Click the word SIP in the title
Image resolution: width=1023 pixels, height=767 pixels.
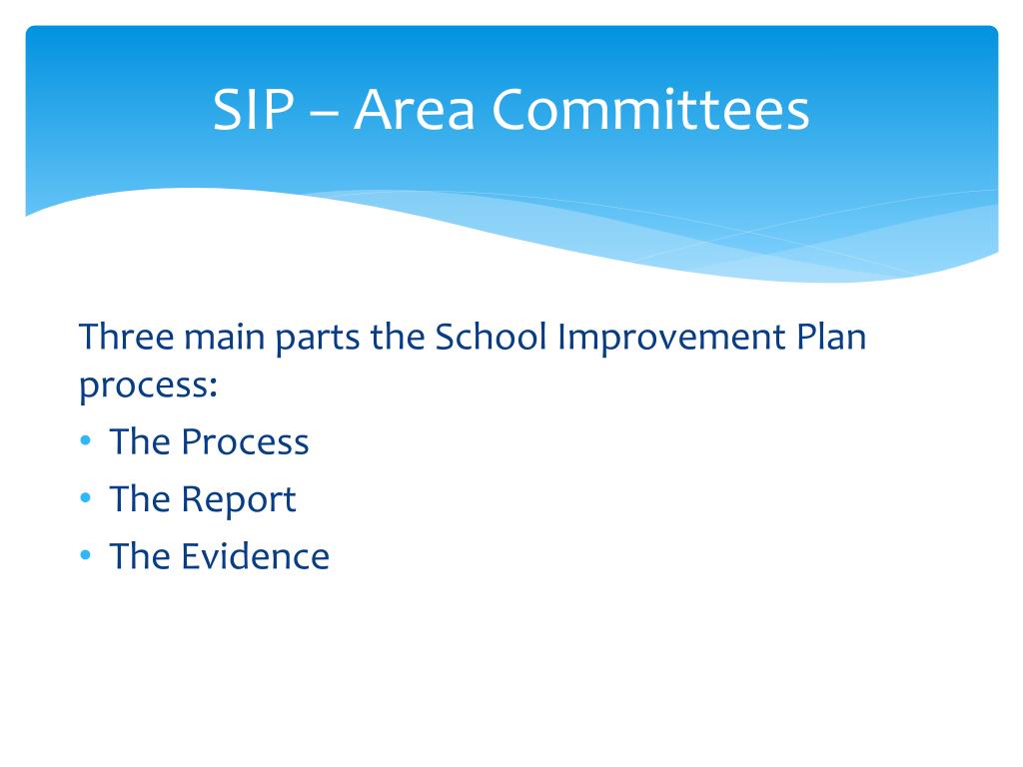tap(253, 110)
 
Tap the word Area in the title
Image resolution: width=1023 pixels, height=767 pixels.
tap(415, 110)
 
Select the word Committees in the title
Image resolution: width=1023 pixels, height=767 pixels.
tap(650, 109)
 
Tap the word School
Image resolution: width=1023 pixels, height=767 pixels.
tap(491, 337)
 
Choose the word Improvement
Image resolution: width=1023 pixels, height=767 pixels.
tap(671, 340)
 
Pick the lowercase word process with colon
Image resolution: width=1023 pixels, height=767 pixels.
tap(148, 387)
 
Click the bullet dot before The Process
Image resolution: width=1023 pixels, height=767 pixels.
tap(86, 441)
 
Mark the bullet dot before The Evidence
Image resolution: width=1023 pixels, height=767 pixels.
tap(86, 555)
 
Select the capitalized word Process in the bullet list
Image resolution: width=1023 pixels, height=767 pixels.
tap(246, 442)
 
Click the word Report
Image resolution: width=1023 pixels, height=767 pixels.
tap(239, 501)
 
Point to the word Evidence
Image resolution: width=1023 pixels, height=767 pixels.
tap(255, 556)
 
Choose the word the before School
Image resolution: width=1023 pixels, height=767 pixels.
tap(398, 338)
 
